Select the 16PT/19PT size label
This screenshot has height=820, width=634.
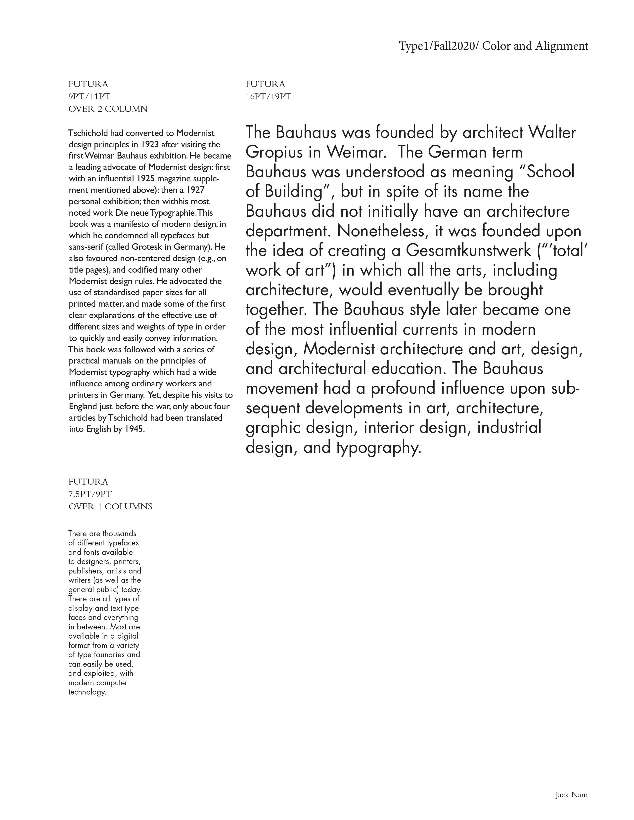point(268,96)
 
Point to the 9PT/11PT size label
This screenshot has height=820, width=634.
point(89,96)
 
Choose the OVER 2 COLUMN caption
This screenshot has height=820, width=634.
point(108,109)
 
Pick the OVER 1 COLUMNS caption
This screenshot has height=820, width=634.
point(110,506)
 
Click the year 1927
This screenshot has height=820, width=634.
point(195,190)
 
